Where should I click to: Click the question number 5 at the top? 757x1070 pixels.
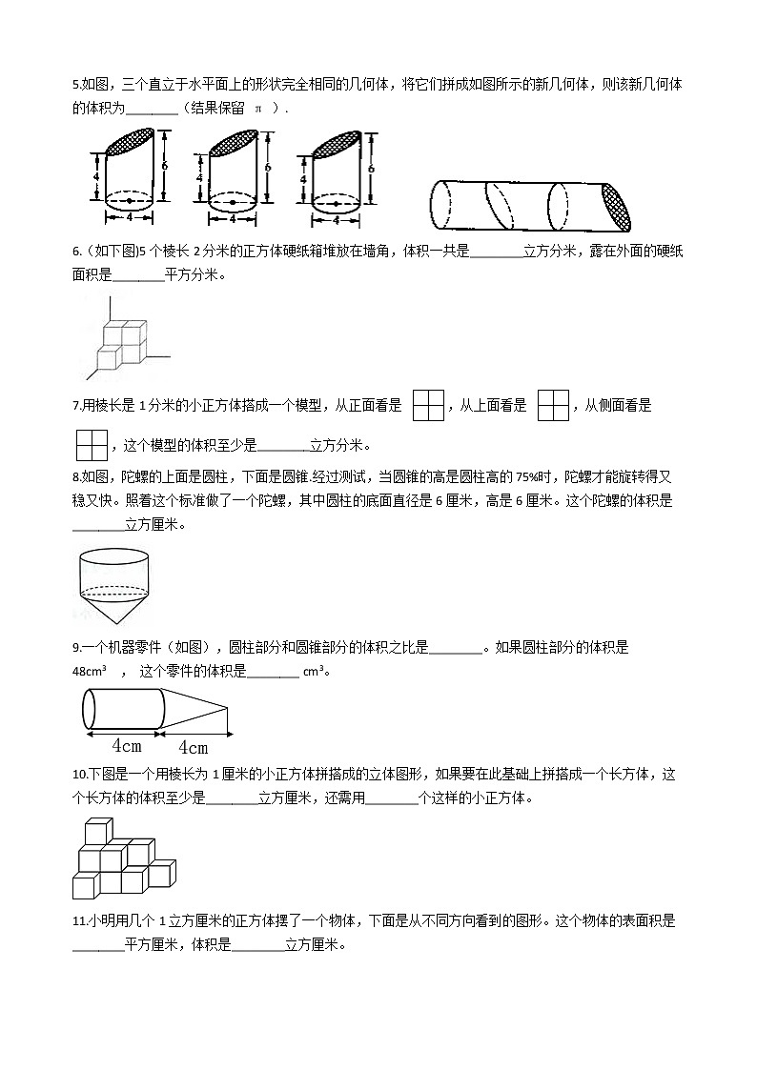(x=76, y=85)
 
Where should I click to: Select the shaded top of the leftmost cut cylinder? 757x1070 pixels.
(x=130, y=142)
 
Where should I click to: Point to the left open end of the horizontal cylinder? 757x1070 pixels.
(x=440, y=205)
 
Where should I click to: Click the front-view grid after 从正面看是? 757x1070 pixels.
(x=429, y=405)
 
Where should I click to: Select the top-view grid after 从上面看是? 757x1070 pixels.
(x=553, y=405)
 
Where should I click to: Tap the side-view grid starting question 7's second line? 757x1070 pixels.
(x=91, y=445)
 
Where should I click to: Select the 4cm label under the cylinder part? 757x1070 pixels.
(x=126, y=745)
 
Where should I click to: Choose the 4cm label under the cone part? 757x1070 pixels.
(x=193, y=746)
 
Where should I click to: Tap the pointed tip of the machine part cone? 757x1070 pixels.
(x=227, y=707)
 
